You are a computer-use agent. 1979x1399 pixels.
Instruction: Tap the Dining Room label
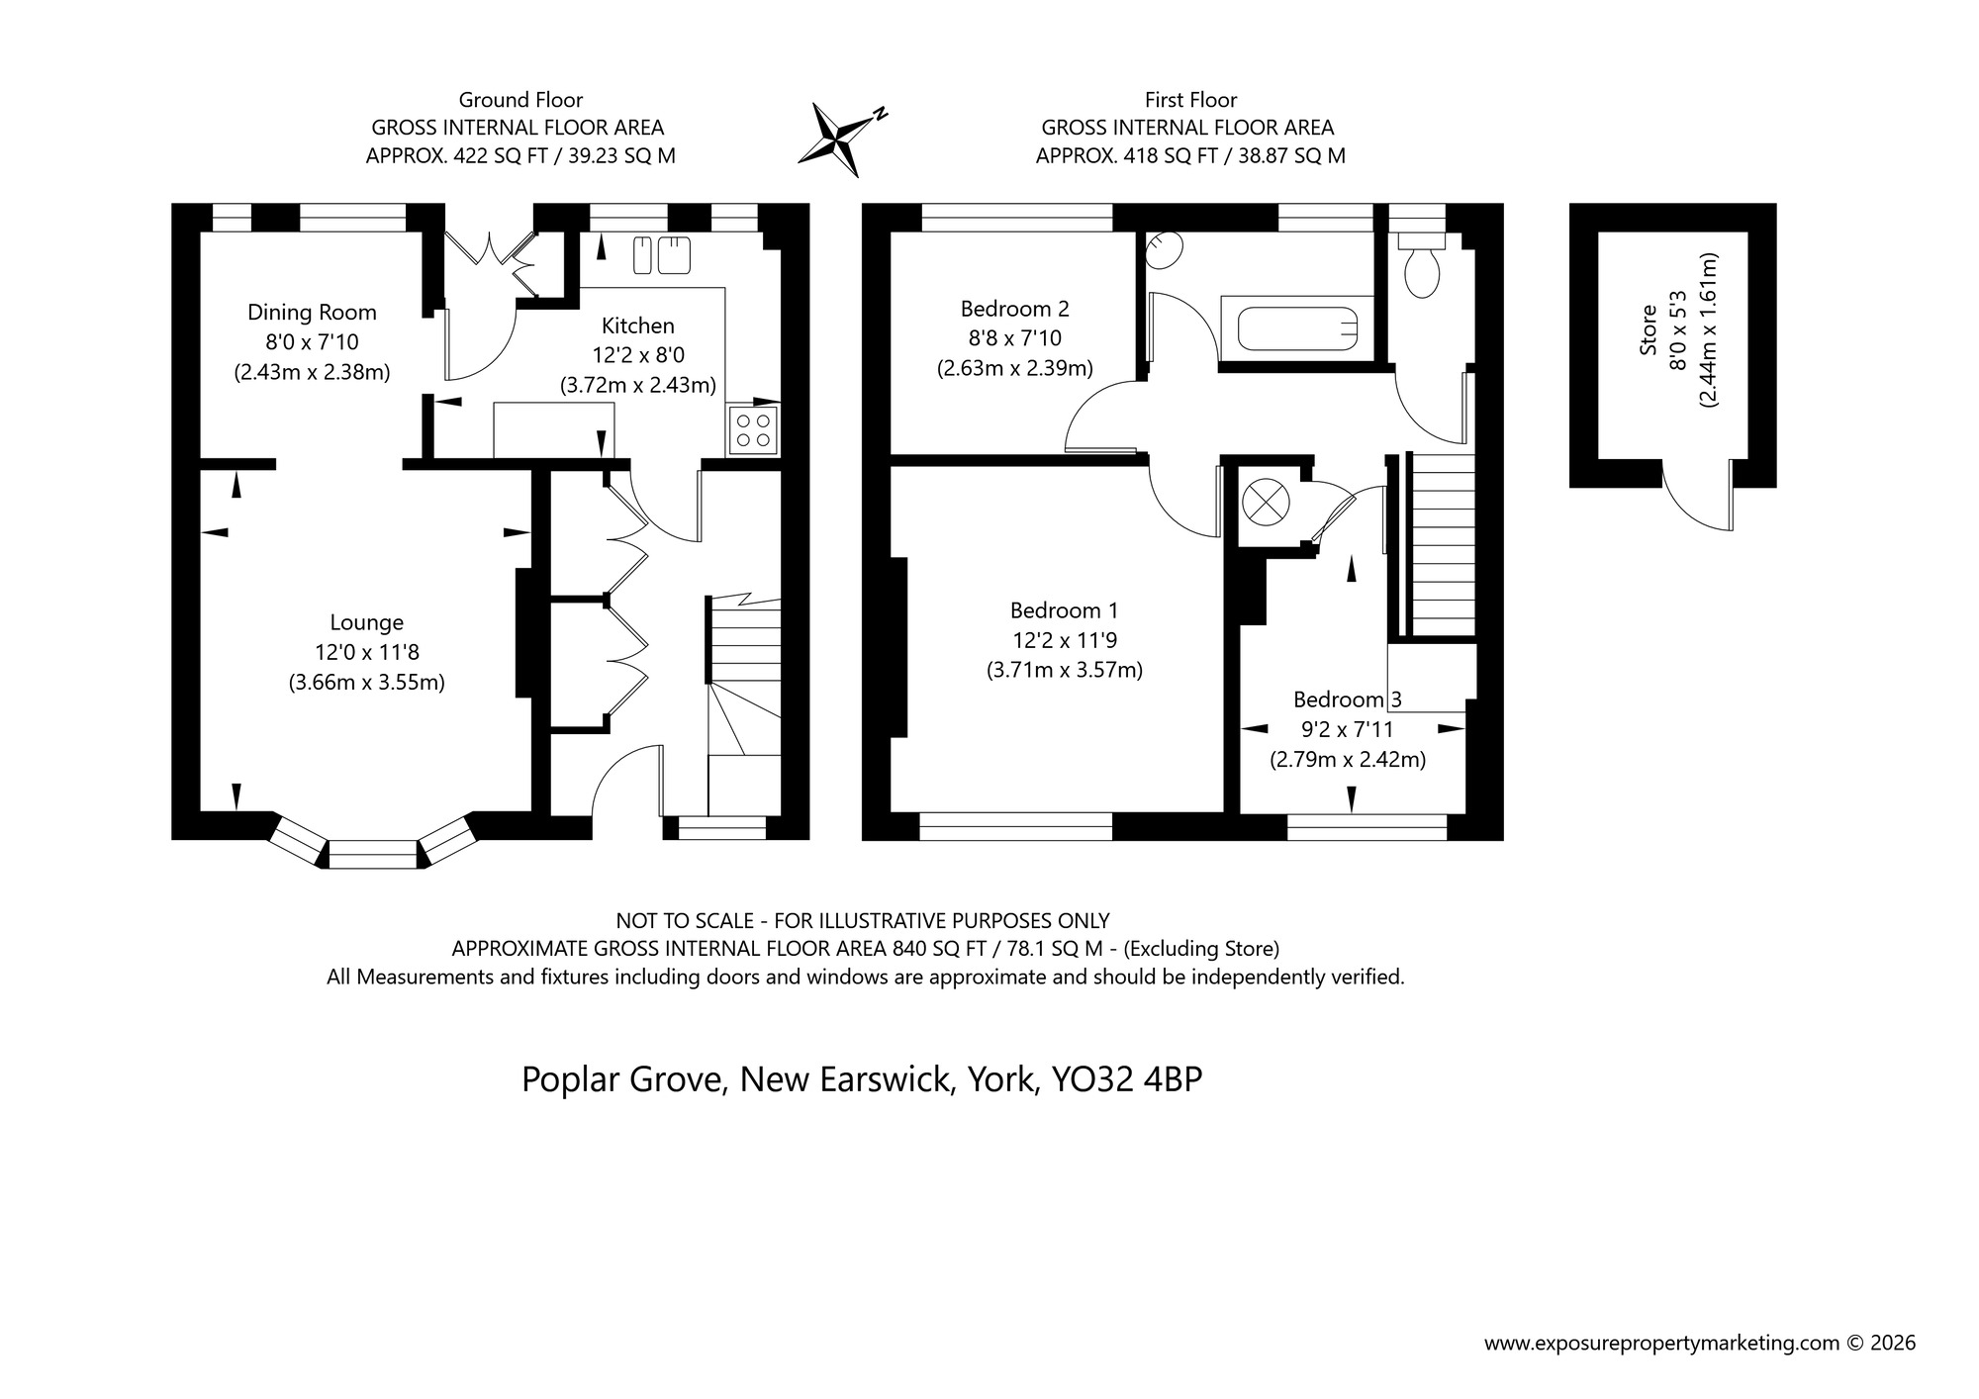point(312,313)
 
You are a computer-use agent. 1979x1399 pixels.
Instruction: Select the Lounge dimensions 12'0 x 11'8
point(366,652)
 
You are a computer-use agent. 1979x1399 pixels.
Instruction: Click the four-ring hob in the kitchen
point(752,430)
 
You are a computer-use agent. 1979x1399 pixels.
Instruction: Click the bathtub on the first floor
point(1296,327)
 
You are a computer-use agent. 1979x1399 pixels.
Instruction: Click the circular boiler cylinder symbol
point(1268,502)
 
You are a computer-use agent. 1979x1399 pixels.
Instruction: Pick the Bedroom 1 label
point(1064,610)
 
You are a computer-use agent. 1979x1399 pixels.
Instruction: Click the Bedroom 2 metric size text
point(1014,369)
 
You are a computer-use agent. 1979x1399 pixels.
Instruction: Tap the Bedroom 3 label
point(1347,699)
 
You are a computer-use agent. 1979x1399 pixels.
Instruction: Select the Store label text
point(1648,330)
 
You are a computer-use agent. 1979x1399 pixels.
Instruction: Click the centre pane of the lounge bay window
point(372,854)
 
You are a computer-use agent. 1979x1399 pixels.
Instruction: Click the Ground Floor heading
point(520,100)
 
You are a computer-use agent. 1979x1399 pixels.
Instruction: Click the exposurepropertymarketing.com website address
point(1661,1343)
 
